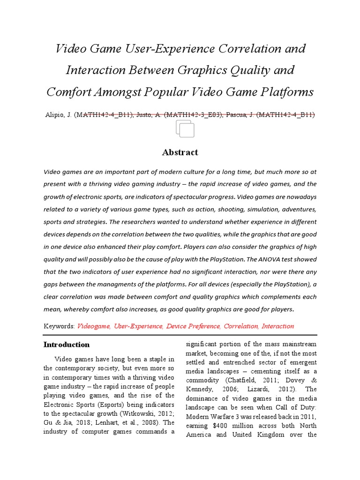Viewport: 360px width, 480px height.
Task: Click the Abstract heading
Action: [x=180, y=152]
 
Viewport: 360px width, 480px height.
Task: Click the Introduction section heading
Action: [x=66, y=345]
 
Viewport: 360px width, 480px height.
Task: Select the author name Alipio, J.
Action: [x=58, y=115]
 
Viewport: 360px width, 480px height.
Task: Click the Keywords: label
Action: [x=59, y=326]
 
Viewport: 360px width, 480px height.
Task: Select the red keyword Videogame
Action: [x=94, y=326]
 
